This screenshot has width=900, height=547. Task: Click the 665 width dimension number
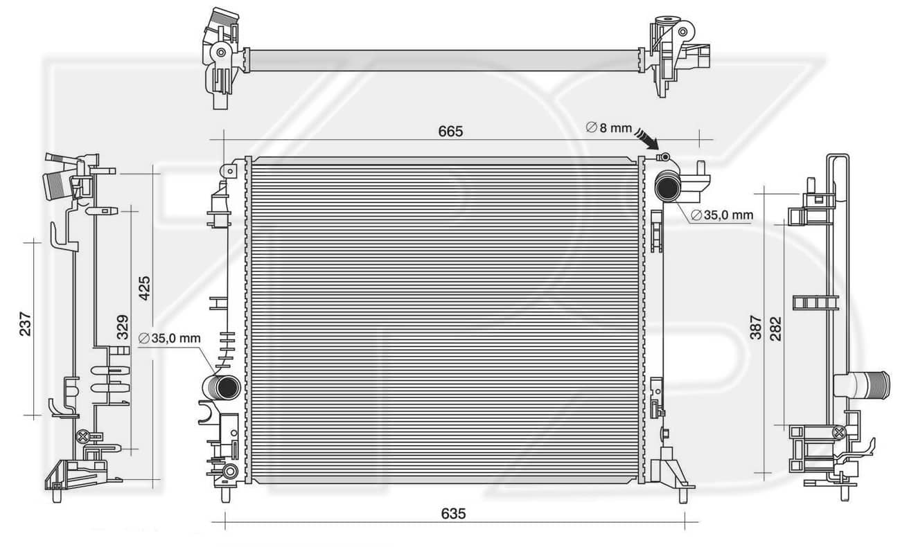[x=450, y=132]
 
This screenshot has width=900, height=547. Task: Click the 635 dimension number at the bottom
[x=453, y=514]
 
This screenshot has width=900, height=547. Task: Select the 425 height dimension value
[x=144, y=288]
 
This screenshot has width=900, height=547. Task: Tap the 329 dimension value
[x=123, y=327]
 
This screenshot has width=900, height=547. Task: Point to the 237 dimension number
[x=26, y=324]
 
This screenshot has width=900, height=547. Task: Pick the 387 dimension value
[x=756, y=328]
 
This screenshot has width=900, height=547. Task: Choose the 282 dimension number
[x=775, y=329]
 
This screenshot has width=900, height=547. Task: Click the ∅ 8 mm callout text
[x=609, y=127]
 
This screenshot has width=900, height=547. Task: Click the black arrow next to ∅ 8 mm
[x=646, y=138]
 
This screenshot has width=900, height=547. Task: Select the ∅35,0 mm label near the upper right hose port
[x=722, y=215]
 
